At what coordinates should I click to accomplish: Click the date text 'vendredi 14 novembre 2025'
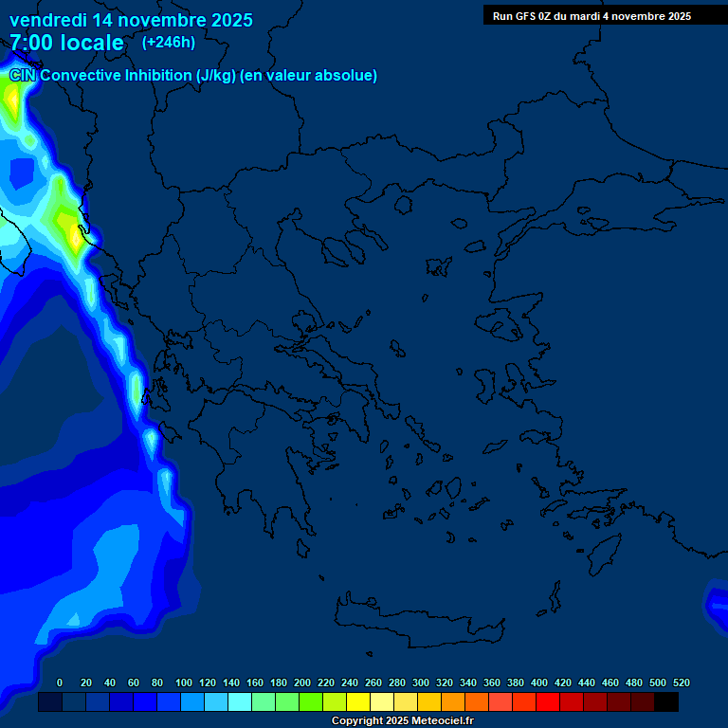coord(131,20)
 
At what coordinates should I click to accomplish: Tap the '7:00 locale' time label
coord(66,43)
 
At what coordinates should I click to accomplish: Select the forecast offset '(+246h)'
coord(168,43)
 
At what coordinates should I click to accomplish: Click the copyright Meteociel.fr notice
coord(402,721)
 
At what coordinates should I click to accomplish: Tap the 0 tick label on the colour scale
coord(60,682)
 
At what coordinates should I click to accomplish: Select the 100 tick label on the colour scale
coord(184,682)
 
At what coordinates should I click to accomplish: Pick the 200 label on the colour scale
coord(302,682)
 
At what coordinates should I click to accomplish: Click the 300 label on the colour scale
coord(421,682)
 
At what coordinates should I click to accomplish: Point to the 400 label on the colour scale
coord(539,682)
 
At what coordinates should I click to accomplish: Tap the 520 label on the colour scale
coord(682,682)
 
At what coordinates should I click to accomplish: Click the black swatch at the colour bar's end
coord(666,702)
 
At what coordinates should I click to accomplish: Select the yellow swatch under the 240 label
coord(357,702)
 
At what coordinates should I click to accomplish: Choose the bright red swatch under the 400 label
coord(547,702)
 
